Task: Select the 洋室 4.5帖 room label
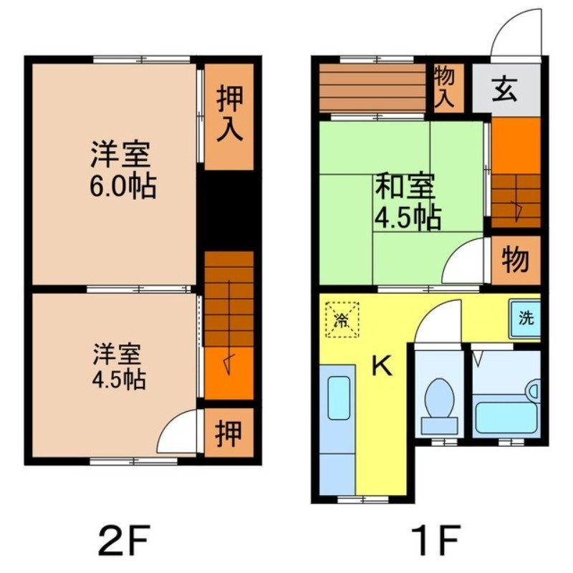[x=119, y=366]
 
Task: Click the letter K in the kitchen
[x=382, y=367]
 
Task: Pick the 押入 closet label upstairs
[x=228, y=115]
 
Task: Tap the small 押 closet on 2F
[x=228, y=433]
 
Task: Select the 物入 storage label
[x=445, y=87]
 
